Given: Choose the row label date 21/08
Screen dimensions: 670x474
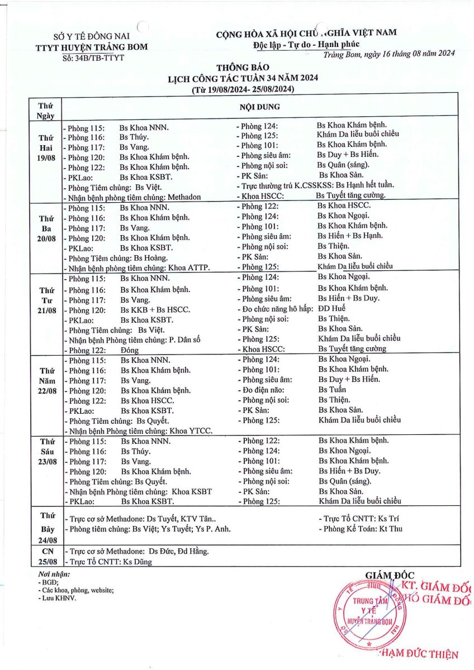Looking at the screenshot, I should (x=46, y=310).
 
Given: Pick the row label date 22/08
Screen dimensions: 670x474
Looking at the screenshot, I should (x=46, y=390).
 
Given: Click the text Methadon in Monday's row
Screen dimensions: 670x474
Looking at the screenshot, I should (x=183, y=197).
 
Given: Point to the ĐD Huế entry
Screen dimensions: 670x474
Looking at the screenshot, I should (x=332, y=308).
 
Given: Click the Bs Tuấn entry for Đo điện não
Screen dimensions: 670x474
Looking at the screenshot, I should (x=332, y=390).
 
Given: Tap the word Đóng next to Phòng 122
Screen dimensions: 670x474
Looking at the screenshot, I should (x=130, y=350).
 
